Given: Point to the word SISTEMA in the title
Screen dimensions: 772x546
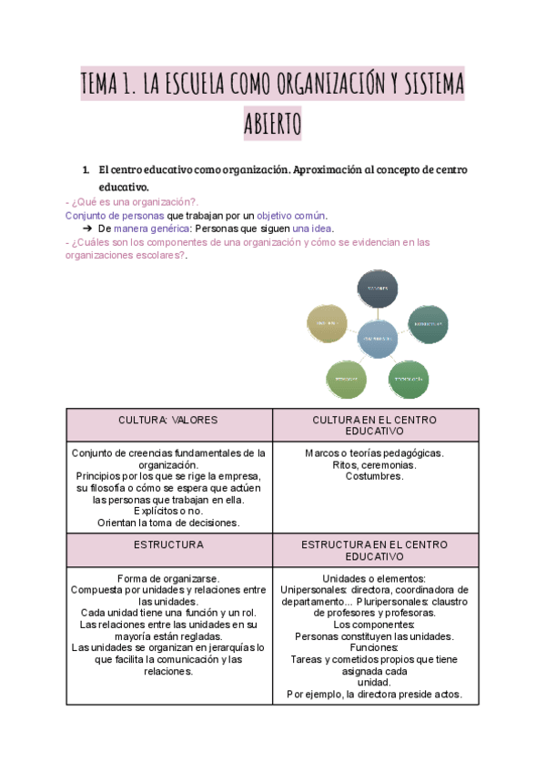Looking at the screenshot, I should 425,86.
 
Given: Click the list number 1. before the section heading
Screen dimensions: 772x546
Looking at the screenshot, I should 86,170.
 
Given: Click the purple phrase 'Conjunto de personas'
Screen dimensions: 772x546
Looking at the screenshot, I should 115,216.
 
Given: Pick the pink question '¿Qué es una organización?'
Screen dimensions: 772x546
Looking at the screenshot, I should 136,201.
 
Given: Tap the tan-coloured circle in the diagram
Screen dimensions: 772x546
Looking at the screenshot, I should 328,324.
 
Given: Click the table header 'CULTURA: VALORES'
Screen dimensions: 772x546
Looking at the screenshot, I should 168,421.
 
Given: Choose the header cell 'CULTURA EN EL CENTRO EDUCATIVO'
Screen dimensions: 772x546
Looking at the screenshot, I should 375,426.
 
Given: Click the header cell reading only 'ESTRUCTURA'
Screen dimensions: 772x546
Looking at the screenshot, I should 168,544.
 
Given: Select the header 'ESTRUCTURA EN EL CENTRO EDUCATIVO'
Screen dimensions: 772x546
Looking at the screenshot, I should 375,550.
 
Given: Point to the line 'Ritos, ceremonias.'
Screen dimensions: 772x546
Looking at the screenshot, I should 374,464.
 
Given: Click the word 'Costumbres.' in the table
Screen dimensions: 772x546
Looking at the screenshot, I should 374,476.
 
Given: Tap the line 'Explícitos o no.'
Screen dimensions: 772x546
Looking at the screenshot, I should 168,511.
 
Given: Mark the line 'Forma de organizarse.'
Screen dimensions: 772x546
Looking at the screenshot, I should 168,578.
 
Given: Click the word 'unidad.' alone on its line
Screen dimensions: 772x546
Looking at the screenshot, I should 374,682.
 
